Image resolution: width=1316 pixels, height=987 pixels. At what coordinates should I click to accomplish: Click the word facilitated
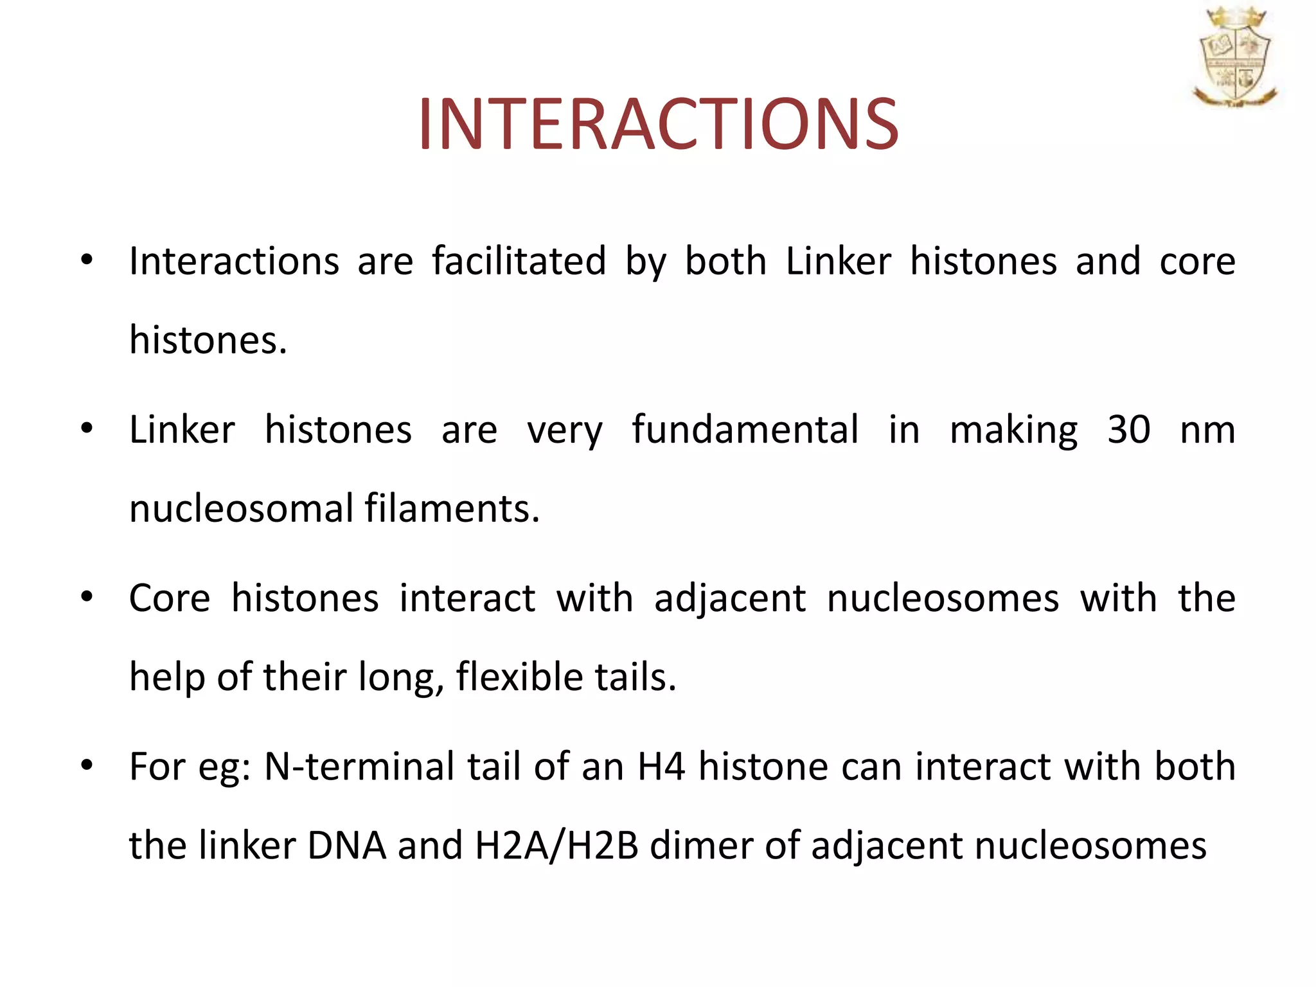(x=519, y=262)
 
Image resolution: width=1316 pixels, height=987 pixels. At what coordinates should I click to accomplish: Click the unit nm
(x=1207, y=431)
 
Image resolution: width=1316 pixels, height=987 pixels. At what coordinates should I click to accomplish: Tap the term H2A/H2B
(x=556, y=846)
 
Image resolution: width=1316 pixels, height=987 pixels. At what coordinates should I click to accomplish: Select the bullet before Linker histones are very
(x=87, y=429)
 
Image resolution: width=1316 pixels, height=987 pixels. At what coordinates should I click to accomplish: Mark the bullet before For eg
(x=87, y=765)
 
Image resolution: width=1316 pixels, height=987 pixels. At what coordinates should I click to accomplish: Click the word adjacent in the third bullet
(x=729, y=598)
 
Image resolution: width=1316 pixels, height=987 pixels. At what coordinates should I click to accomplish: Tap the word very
(x=565, y=431)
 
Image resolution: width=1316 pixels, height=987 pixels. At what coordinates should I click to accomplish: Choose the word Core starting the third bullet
(x=170, y=598)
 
